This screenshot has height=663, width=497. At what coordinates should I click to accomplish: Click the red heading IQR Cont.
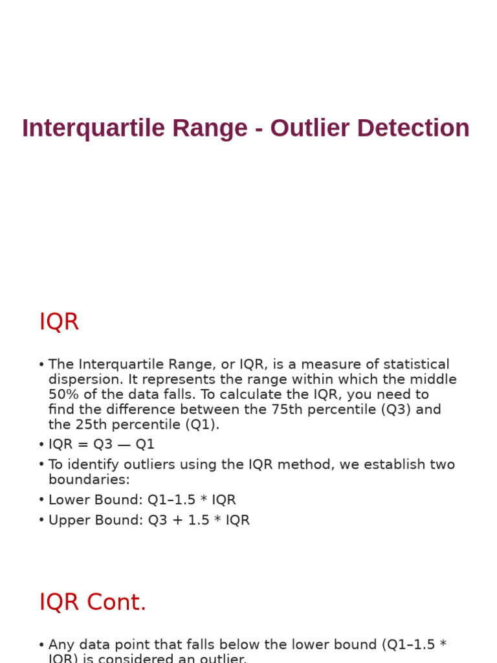tap(93, 602)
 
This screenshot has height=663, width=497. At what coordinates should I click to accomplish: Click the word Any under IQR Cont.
tap(61, 645)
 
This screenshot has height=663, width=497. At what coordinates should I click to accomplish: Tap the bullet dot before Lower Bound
tap(41, 500)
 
